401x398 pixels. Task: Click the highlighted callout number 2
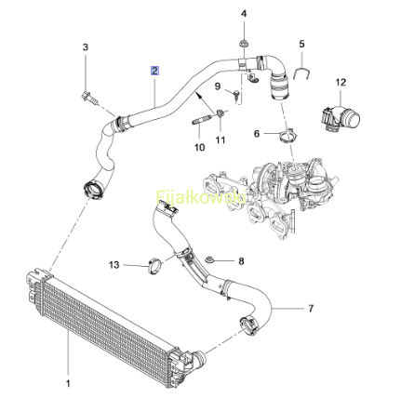click(154, 71)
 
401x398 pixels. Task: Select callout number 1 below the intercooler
click(68, 383)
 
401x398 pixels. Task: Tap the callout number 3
click(86, 47)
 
